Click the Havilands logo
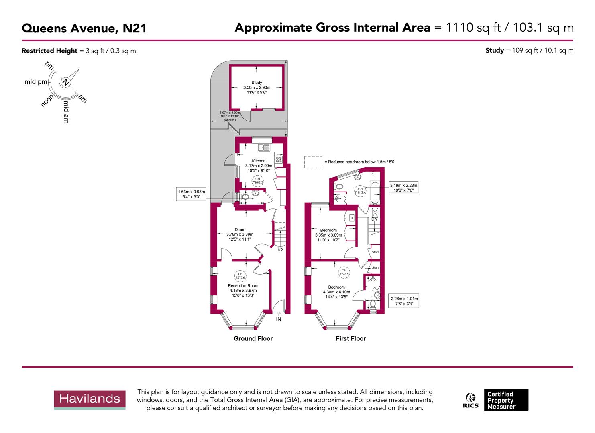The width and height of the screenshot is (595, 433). click(90, 399)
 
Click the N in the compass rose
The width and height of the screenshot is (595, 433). click(65, 83)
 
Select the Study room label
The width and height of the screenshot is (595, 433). click(257, 82)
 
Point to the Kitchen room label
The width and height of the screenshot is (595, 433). click(259, 161)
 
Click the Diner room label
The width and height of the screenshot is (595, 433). click(240, 230)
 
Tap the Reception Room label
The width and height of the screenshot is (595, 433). click(243, 286)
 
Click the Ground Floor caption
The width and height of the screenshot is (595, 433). click(253, 338)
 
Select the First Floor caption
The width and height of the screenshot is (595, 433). click(350, 338)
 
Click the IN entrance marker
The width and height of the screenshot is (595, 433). click(279, 319)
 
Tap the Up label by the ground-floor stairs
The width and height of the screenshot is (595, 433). click(280, 249)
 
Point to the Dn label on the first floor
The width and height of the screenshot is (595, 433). click(374, 219)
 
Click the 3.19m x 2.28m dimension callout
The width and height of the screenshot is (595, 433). click(404, 188)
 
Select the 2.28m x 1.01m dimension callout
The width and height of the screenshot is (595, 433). click(404, 301)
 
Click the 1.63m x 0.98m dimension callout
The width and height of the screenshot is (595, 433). click(192, 194)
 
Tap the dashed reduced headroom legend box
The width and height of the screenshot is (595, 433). click(313, 162)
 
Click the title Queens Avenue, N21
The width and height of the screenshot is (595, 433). click(84, 28)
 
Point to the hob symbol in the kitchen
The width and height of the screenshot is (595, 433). click(279, 159)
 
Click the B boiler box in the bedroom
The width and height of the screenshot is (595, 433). click(352, 218)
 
